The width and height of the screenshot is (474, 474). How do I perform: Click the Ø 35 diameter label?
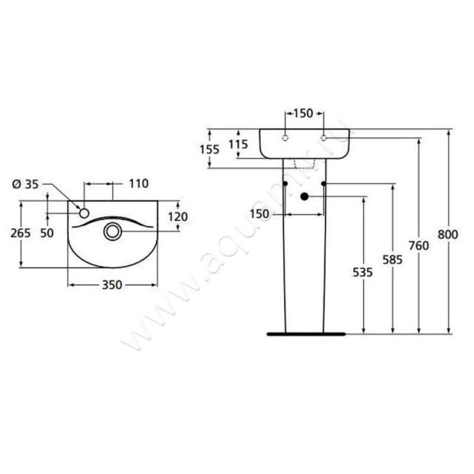point(25,184)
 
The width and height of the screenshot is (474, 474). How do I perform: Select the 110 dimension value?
point(138,184)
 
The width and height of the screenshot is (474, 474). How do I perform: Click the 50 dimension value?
point(47,233)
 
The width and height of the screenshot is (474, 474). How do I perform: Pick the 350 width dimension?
point(112,285)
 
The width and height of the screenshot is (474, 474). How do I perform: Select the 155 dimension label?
point(209,149)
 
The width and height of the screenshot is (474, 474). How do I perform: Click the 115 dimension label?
point(237,143)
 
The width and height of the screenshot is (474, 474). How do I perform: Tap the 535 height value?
point(363,273)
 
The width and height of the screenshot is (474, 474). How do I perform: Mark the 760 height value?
point(419,245)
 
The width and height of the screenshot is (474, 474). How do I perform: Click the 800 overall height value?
point(449,235)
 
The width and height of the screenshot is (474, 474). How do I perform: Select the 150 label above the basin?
point(303,114)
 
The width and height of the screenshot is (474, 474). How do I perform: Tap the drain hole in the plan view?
point(113,231)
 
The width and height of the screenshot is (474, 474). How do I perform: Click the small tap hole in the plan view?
point(84,212)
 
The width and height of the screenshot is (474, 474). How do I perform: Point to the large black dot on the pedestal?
point(305,196)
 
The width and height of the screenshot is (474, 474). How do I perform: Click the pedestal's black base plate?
point(306,334)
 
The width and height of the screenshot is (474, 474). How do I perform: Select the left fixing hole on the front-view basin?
point(285,138)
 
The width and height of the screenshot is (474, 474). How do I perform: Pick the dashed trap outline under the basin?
point(304,164)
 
